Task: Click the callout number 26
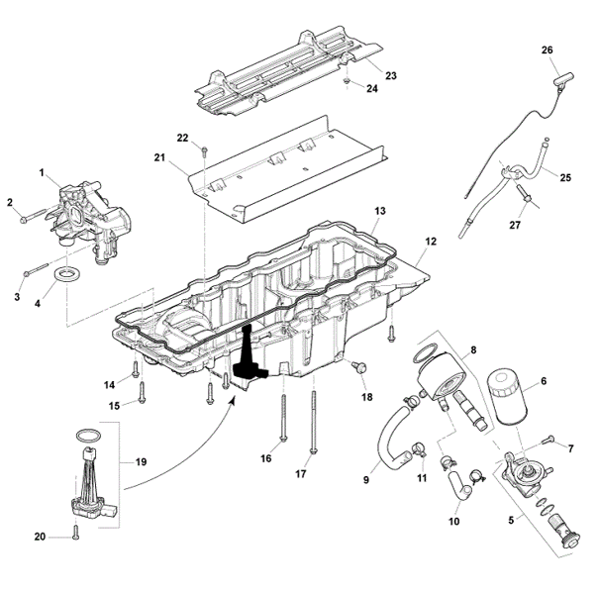point(548,49)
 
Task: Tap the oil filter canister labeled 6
point(507,396)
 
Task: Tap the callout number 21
point(159,157)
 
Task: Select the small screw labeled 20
point(75,532)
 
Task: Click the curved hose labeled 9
point(391,436)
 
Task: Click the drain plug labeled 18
point(359,366)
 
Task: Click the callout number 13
point(380,211)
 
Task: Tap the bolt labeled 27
point(523,193)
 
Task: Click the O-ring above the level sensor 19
point(89,435)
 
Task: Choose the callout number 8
point(473,349)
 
